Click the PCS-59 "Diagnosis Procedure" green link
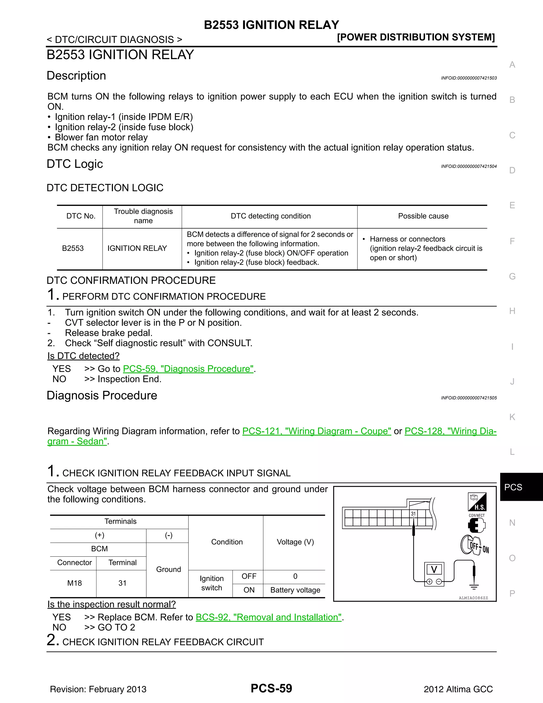pyautogui.click(x=188, y=369)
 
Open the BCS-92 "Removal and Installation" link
pyautogui.click(x=268, y=617)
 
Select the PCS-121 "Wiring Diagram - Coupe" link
pyautogui.click(x=317, y=431)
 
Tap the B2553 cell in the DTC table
pyautogui.click(x=73, y=249)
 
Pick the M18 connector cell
pyautogui.click(x=74, y=583)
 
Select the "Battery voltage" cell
pyautogui.click(x=295, y=590)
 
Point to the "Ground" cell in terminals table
pyautogui.click(x=168, y=569)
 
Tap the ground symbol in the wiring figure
pyautogui.click(x=474, y=587)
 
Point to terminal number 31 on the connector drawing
pyautogui.click(x=413, y=514)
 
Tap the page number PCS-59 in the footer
pyautogui.click(x=271, y=688)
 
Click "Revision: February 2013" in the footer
pyautogui.click(x=98, y=689)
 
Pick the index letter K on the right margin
pyautogui.click(x=512, y=417)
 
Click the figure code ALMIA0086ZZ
pyautogui.click(x=473, y=598)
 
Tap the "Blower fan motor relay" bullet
pyautogui.click(x=101, y=137)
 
